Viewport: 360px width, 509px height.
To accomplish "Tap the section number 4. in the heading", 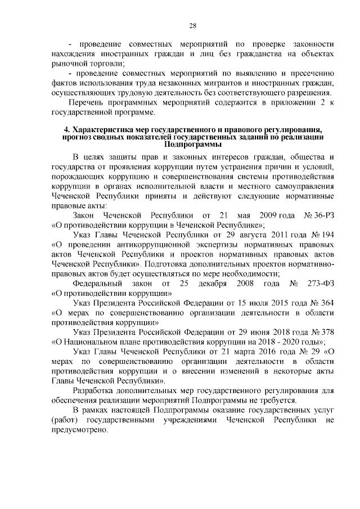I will [x=66, y=130].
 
